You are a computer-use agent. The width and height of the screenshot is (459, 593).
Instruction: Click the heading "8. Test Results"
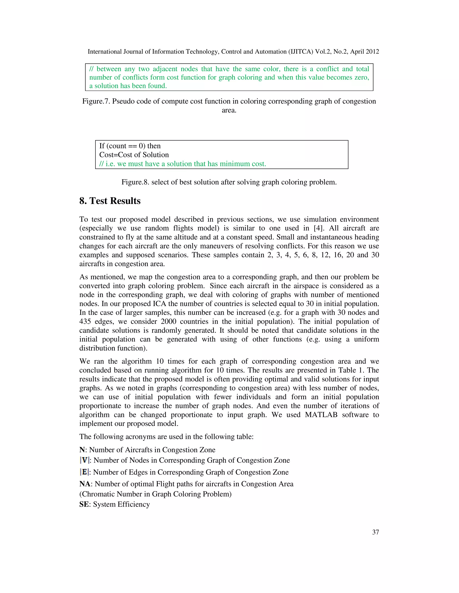(x=110, y=201)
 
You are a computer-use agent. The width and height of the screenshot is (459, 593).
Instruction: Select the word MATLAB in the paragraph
(x=321, y=415)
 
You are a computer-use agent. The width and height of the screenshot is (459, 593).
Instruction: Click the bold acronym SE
(x=84, y=504)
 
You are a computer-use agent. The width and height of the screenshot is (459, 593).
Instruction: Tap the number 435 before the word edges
(x=85, y=322)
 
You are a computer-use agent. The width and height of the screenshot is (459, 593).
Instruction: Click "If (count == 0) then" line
(x=130, y=146)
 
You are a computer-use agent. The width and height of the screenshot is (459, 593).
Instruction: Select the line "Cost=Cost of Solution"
(x=134, y=155)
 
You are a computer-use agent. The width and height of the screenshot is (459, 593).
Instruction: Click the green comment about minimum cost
(x=182, y=164)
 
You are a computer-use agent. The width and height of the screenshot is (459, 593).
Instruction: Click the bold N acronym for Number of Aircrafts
(x=82, y=450)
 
